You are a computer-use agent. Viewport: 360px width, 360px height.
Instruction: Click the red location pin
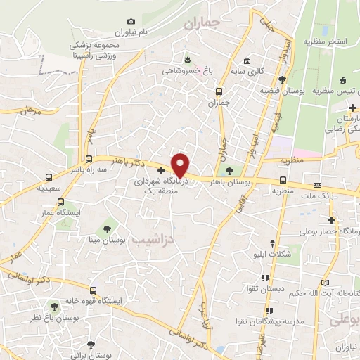pos(181,165)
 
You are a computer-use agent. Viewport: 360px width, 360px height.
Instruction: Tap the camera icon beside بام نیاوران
pos(131,22)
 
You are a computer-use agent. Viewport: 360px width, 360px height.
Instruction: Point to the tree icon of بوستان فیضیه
pos(282,79)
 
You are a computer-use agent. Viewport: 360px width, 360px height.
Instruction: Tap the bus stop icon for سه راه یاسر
pos(88,159)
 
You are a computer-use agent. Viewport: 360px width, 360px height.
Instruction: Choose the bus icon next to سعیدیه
pos(49,177)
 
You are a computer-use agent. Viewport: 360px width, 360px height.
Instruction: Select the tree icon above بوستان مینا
pos(107,228)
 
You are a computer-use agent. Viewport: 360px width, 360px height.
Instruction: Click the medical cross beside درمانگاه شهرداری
pos(162,169)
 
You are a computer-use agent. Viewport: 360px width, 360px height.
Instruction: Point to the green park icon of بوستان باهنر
pos(229,169)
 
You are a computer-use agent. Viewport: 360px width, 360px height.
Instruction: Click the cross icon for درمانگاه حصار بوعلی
pos(331,220)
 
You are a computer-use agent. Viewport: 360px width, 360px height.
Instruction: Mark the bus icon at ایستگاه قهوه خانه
pos(93,290)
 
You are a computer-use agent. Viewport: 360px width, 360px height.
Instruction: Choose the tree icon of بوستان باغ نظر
pos(54,306)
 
